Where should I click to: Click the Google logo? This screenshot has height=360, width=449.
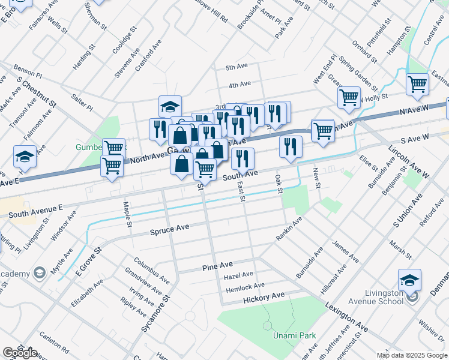tap(20, 353)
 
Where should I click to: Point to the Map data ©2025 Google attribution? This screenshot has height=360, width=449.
tap(412, 355)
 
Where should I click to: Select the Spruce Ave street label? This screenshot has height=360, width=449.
tap(170, 228)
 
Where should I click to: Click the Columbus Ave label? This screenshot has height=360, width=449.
tap(152, 270)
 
